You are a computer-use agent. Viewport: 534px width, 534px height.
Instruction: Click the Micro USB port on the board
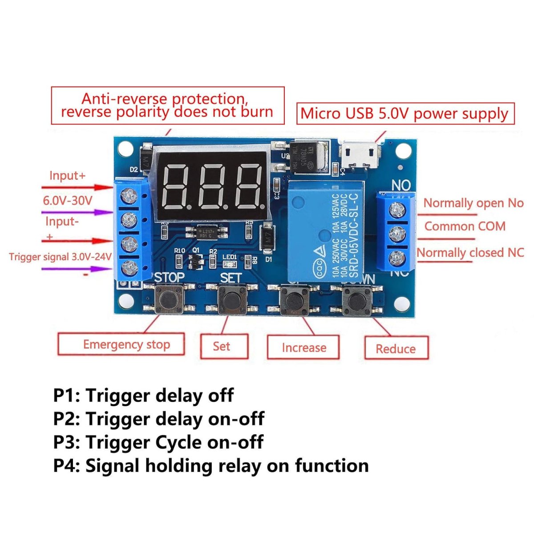[x=360, y=154]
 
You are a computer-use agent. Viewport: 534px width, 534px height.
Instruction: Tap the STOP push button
[x=169, y=299]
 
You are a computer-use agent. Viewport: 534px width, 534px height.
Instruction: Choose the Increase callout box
[x=303, y=348]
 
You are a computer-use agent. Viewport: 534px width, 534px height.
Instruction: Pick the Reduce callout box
[x=396, y=348]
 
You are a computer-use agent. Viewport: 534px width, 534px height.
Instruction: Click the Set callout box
[x=224, y=346]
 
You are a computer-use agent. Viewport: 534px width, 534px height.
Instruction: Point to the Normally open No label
[x=473, y=203]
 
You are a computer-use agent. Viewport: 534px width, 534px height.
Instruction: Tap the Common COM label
[x=465, y=226]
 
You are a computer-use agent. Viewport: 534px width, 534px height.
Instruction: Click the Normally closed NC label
[x=470, y=252]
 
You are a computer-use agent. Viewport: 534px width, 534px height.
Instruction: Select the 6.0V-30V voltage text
[x=67, y=200]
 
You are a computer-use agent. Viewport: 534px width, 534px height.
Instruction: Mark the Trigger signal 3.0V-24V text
[x=60, y=257]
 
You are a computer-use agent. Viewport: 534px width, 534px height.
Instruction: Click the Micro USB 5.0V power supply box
[x=405, y=113]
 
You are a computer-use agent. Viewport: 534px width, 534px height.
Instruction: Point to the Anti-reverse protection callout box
[x=167, y=105]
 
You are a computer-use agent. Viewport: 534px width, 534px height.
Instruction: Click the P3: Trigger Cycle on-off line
[x=158, y=442]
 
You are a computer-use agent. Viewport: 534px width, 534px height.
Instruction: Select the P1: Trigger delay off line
[x=143, y=395]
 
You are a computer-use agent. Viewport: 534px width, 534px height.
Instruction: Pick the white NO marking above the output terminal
[x=401, y=185]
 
